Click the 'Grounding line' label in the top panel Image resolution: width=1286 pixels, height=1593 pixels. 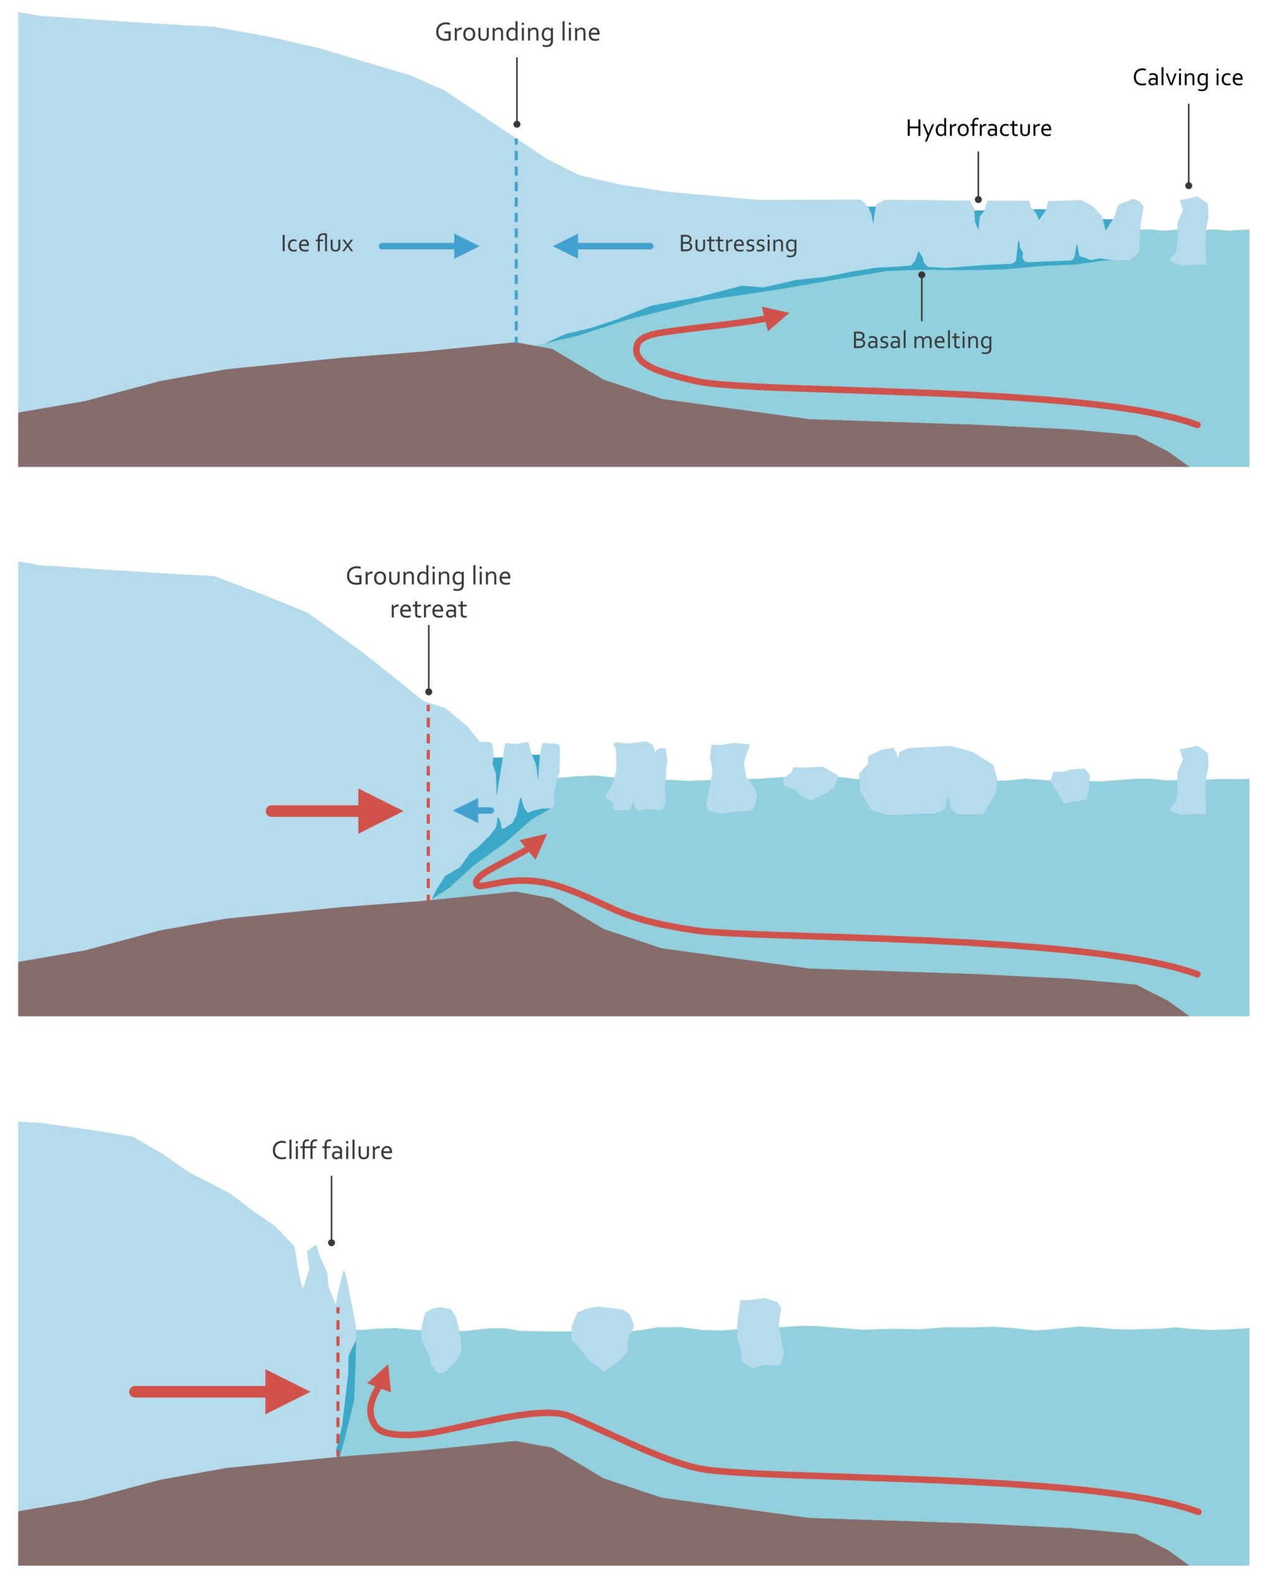517,32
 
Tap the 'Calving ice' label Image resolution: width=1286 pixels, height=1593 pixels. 1187,78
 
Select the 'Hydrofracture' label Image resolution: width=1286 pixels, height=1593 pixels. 978,129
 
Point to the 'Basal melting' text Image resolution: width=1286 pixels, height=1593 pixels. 921,340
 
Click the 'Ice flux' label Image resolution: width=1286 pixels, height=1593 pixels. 316,244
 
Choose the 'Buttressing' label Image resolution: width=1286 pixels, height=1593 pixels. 738,244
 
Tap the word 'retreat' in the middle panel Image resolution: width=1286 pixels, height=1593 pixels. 428,609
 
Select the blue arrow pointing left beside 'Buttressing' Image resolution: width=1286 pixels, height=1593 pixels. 603,246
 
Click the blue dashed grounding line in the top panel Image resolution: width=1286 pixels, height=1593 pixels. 516,245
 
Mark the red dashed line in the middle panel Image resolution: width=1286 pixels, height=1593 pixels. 428,803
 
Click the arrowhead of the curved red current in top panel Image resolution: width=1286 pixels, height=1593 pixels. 775,318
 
